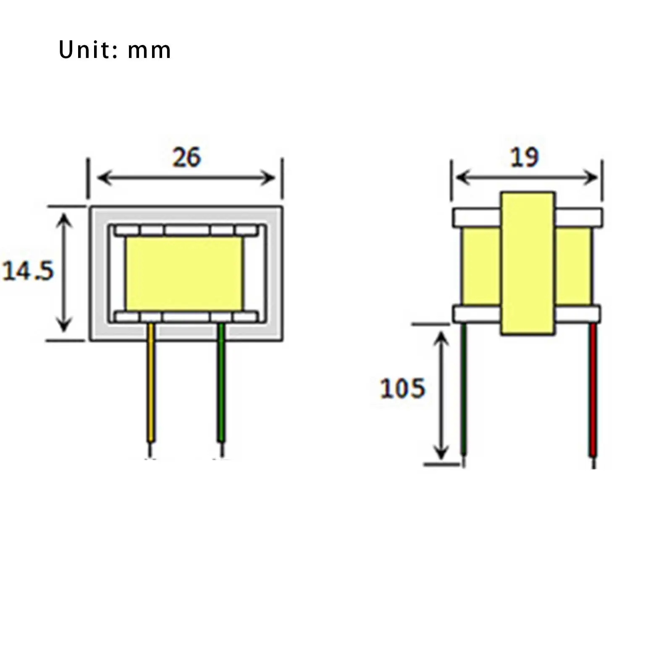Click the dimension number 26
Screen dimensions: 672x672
[187, 157]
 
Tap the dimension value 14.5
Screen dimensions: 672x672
[28, 271]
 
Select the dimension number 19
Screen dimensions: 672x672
[524, 157]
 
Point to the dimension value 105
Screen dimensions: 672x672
[402, 388]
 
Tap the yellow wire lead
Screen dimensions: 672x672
[150, 382]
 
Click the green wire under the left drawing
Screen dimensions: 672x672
[221, 382]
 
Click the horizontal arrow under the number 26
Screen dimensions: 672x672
[186, 178]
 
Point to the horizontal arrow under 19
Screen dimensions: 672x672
[527, 177]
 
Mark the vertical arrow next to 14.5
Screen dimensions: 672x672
[64, 273]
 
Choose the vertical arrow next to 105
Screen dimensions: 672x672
[441, 395]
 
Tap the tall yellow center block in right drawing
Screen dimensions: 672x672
[528, 264]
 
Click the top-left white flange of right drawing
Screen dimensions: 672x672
[476, 218]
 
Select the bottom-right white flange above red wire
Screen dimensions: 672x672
[577, 314]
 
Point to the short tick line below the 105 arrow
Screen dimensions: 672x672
[441, 464]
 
